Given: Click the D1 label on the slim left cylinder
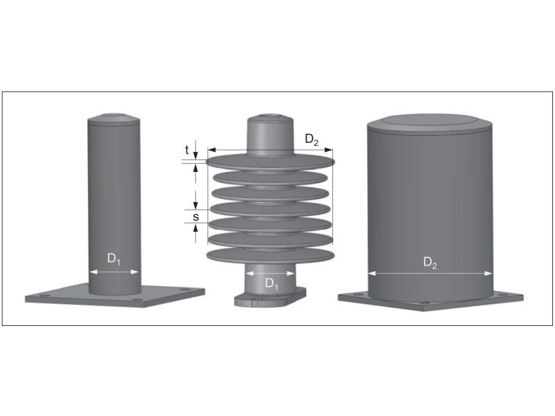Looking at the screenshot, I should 114,259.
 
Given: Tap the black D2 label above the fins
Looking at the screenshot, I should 312,139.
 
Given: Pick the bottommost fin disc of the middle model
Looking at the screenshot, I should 271,256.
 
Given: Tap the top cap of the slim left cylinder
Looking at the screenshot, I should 114,119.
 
